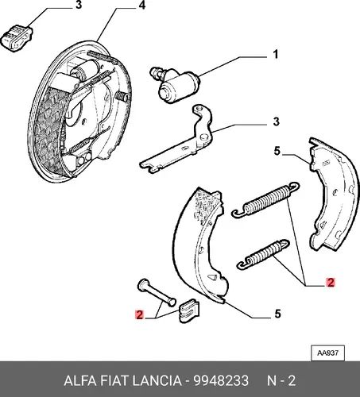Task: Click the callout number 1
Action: coord(276,54)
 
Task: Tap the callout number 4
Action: coord(142,5)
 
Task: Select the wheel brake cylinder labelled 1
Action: coord(174,84)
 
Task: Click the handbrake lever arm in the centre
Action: coord(177,140)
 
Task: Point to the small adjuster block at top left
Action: coord(17,38)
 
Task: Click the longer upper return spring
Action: coord(265,199)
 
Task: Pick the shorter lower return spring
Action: coord(264,254)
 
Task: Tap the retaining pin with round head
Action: coord(157,292)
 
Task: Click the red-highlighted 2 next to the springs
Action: coord(331,283)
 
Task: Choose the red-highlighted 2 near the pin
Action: coord(139,314)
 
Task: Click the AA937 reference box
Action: coord(327,353)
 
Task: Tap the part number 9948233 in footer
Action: coord(221,381)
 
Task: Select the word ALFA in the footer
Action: coord(80,381)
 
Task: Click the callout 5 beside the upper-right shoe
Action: coord(277,152)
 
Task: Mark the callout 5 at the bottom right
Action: coord(277,314)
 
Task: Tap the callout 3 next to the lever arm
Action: coord(276,121)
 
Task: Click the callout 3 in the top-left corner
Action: coord(79,5)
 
